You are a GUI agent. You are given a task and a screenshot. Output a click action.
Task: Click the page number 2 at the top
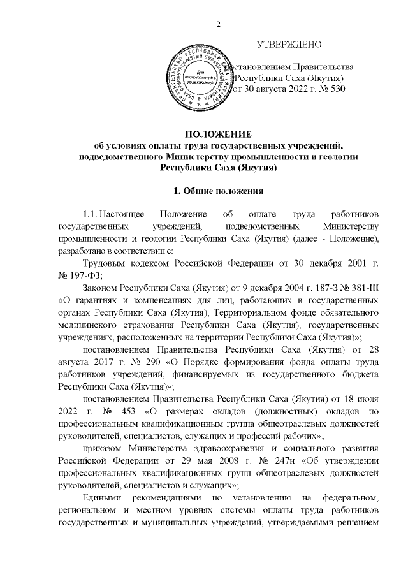pyautogui.click(x=219, y=25)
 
